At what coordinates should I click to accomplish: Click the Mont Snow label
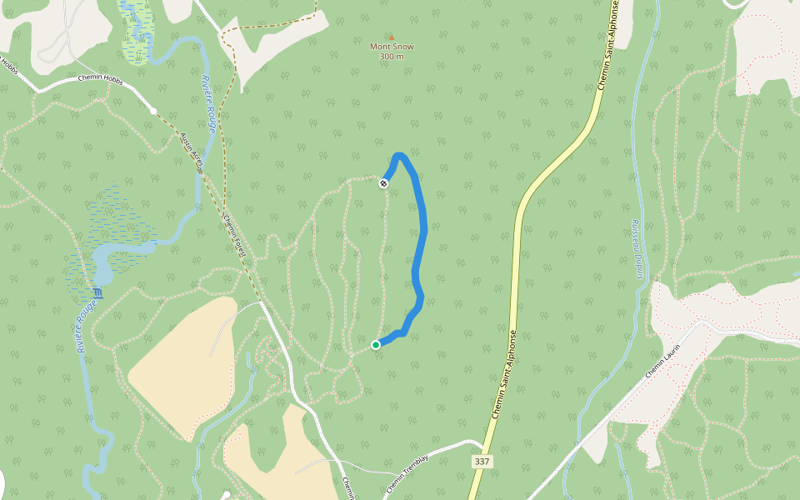pyautogui.click(x=392, y=47)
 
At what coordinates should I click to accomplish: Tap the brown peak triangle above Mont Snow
pyautogui.click(x=391, y=37)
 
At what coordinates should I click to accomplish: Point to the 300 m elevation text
pyautogui.click(x=392, y=57)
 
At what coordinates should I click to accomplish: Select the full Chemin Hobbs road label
pyautogui.click(x=101, y=78)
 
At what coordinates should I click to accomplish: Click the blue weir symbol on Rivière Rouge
pyautogui.click(x=99, y=293)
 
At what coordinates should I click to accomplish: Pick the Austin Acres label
pyautogui.click(x=192, y=152)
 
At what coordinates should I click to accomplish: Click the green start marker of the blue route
pyautogui.click(x=376, y=344)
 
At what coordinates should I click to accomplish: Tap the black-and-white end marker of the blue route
pyautogui.click(x=383, y=183)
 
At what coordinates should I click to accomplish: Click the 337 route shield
pyautogui.click(x=481, y=461)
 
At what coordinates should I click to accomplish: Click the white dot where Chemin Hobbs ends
pyautogui.click(x=153, y=110)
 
